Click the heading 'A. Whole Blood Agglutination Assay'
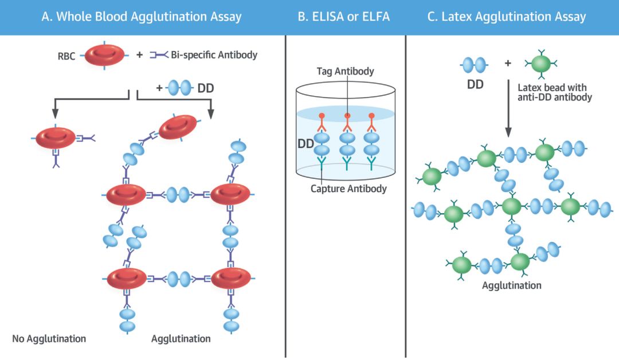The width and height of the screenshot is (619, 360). [x=142, y=17]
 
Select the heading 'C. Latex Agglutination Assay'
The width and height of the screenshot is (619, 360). [x=507, y=17]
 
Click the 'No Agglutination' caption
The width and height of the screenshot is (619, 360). [x=49, y=338]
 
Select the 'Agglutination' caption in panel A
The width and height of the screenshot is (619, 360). [x=181, y=338]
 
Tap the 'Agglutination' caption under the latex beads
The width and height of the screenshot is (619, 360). [x=512, y=285]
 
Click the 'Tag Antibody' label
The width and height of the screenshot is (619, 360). [x=345, y=72]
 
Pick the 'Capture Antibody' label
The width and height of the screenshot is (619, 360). [x=348, y=188]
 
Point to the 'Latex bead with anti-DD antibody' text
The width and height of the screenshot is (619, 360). [x=554, y=93]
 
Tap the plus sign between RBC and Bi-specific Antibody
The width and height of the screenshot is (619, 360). [x=139, y=56]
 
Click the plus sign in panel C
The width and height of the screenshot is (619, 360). [x=507, y=62]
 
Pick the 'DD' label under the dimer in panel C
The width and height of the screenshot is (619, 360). [x=475, y=85]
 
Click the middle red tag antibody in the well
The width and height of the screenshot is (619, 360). [x=346, y=120]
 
